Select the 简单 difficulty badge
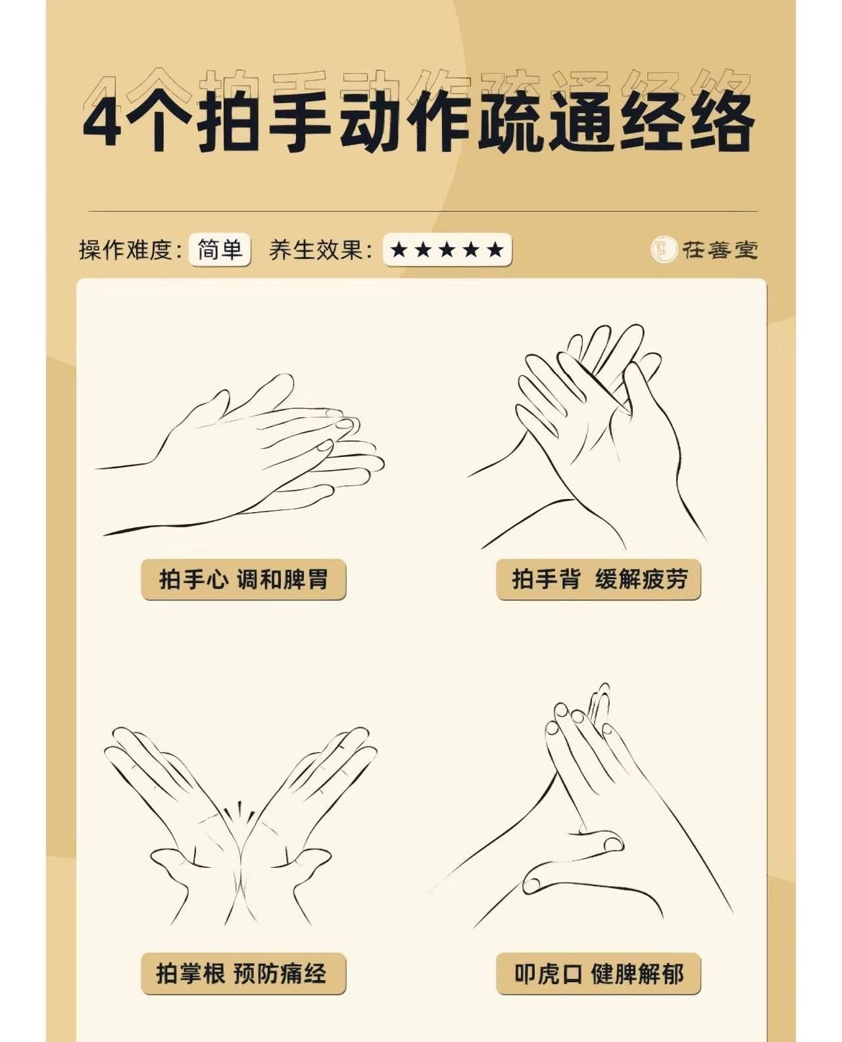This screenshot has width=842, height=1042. [x=220, y=250]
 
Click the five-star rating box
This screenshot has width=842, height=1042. [x=447, y=250]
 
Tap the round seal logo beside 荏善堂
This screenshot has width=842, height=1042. [x=664, y=249]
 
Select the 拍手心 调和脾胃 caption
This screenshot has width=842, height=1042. [x=243, y=579]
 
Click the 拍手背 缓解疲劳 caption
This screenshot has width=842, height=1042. [x=599, y=579]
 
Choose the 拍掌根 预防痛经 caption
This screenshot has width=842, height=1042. [x=243, y=973]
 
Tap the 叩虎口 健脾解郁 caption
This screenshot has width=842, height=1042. [x=599, y=973]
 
